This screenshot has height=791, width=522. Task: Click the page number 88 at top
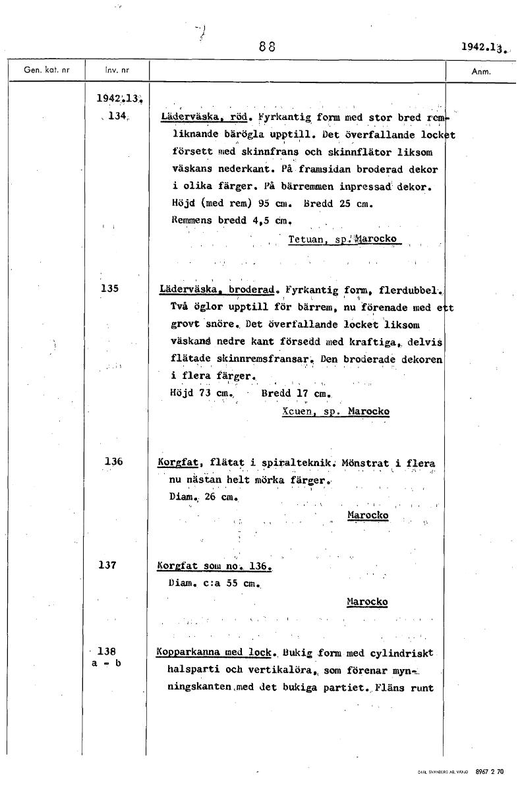click(x=267, y=47)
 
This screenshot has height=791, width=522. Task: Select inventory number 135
click(x=110, y=288)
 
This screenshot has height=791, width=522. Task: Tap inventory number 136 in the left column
click(x=113, y=461)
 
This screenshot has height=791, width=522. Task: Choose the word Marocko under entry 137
click(x=367, y=601)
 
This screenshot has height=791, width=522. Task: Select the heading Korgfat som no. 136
click(x=214, y=567)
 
